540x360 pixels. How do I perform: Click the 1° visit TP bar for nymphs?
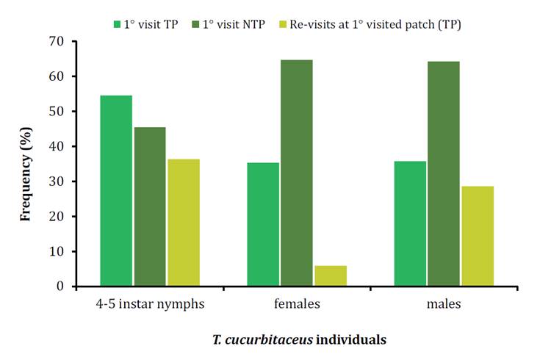(116, 191)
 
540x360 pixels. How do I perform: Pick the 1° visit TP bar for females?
(263, 224)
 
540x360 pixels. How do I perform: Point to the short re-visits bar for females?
(330, 276)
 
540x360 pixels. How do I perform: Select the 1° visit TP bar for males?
(410, 223)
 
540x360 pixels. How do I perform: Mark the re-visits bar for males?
(477, 236)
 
